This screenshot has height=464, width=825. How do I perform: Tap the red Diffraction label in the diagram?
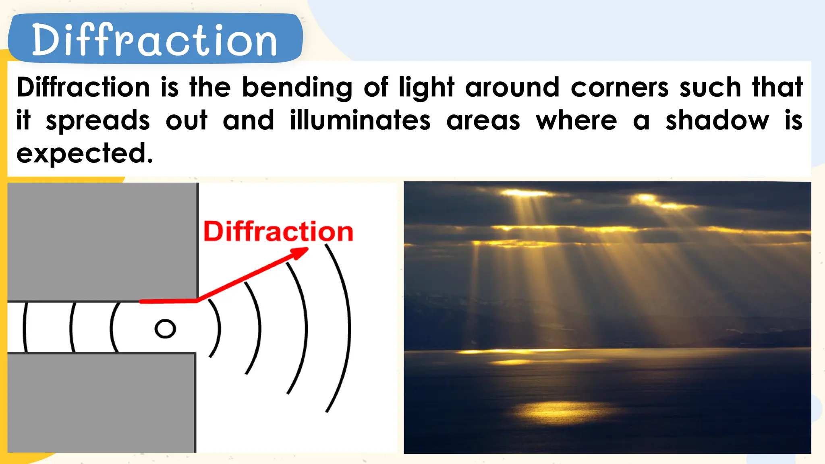pos(278,232)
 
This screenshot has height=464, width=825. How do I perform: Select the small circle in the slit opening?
pos(165,329)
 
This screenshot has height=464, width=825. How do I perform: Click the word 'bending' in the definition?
pos(297,88)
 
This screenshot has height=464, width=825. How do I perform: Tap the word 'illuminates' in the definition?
pos(360,120)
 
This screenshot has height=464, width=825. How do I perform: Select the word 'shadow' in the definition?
pos(717,120)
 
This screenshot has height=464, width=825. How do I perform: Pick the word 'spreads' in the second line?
pos(98,121)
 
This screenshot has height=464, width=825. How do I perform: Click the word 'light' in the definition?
pos(427,88)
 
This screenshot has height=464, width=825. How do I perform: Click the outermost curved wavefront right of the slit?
pos(349,328)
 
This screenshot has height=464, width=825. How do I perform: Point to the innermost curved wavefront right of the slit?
pos(219,328)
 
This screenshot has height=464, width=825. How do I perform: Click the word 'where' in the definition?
pos(576,120)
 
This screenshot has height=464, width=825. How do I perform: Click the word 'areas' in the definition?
pos(483,121)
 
